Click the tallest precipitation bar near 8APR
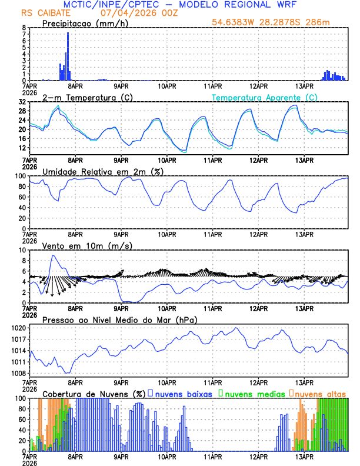point(68,56)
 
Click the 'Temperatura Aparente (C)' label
point(265,97)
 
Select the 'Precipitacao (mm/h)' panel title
point(85,23)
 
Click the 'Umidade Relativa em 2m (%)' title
point(102,171)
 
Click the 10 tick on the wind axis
point(22,250)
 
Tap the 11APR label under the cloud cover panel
point(212,458)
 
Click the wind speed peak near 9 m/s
point(54,256)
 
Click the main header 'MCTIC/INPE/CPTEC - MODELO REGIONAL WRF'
point(179,4)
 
